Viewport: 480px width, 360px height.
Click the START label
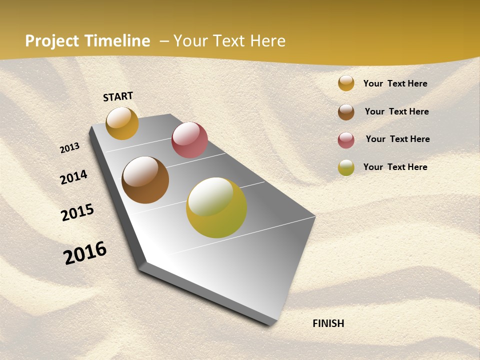118,96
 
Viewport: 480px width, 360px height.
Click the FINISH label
328,323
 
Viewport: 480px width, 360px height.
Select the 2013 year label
70,148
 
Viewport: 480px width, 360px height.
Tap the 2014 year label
74,177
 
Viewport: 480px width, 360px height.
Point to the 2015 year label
77,212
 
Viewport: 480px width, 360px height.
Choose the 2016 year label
85,253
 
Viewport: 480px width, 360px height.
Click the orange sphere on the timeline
122,123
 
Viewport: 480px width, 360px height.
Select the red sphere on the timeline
189,140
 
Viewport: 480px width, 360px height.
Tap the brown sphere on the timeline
145,180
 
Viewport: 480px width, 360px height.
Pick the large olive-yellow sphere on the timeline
216,207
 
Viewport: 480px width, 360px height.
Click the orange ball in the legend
346,83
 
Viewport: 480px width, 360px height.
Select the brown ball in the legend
346,112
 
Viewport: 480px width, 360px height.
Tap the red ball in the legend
346,140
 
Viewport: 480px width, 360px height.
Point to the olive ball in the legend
346,167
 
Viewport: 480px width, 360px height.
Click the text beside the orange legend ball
395,84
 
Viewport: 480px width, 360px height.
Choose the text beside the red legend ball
397,139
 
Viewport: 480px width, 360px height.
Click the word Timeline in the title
117,41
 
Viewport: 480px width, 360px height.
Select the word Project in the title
52,41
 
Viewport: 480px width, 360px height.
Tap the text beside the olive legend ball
395,167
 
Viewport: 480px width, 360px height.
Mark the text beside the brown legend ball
396,111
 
